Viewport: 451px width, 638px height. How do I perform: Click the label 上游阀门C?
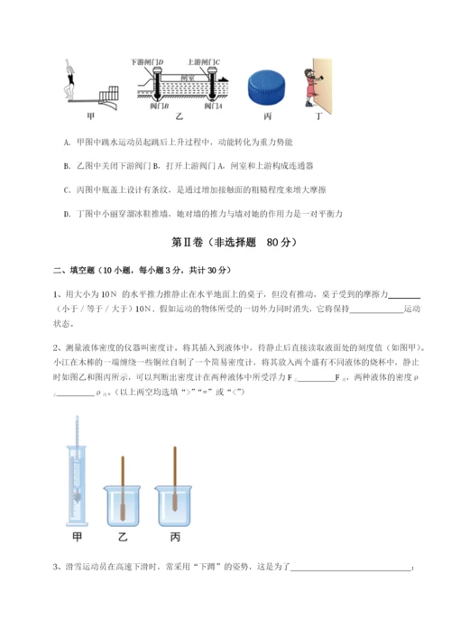tap(205, 61)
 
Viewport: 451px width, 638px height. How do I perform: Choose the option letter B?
tap(69, 166)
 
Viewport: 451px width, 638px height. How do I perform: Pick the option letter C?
tap(69, 190)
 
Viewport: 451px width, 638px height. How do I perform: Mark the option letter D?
tap(69, 213)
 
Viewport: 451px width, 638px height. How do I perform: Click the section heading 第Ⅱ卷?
tap(185, 243)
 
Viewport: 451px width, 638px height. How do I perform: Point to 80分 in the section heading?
tap(281, 243)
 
